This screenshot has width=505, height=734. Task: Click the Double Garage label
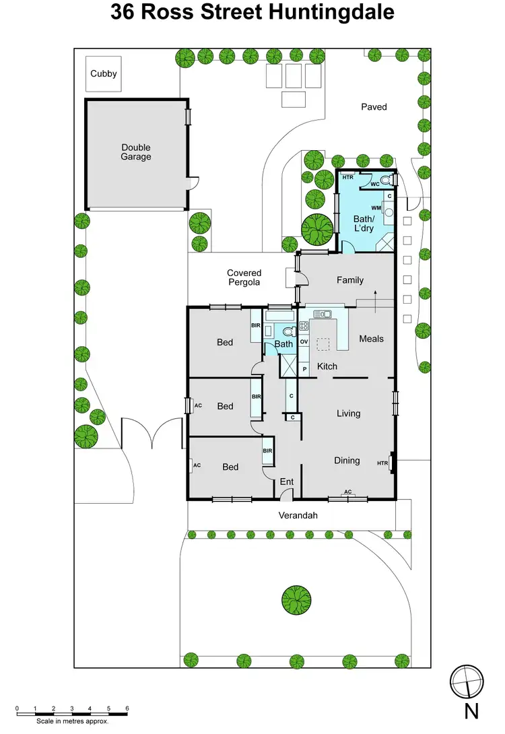136,152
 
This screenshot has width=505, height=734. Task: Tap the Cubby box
104,74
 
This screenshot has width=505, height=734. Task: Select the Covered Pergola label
244,278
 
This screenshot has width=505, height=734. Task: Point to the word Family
350,280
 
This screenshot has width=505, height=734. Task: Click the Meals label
371,339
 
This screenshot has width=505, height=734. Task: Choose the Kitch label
327,366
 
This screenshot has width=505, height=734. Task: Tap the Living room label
348,413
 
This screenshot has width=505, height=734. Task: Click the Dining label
347,461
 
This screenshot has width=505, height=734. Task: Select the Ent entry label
287,482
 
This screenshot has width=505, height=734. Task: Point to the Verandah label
297,516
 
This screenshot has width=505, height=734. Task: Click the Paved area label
374,106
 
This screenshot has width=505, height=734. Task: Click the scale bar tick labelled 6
127,709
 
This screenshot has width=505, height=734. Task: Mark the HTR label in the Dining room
382,463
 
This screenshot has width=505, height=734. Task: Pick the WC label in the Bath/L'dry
375,184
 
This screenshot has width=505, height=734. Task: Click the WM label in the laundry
376,209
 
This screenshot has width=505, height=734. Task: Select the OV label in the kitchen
304,342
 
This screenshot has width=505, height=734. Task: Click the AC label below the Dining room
348,492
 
